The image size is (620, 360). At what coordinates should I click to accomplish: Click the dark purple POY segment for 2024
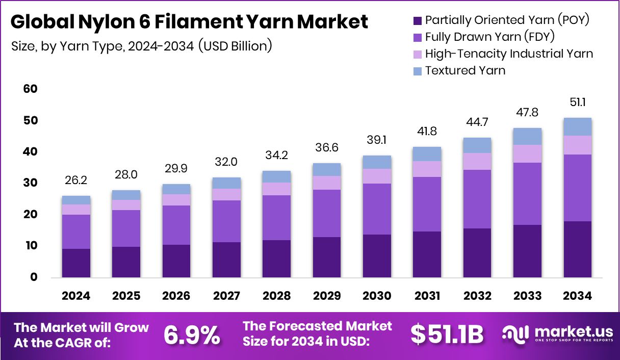(x=76, y=263)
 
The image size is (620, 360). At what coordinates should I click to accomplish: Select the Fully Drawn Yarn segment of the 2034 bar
(x=578, y=188)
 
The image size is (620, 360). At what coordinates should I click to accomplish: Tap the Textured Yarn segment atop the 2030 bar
(x=377, y=162)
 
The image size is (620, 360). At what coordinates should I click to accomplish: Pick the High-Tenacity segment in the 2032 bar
(x=477, y=161)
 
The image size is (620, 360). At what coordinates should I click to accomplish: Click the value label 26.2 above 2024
(x=76, y=180)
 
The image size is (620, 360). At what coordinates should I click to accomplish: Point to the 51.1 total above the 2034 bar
(x=578, y=102)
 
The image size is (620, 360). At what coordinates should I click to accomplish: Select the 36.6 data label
(x=327, y=147)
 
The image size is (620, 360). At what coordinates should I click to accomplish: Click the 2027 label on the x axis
(x=226, y=296)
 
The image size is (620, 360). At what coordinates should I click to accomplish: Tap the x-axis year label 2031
(x=427, y=296)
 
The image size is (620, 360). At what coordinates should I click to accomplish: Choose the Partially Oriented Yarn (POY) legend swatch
(x=417, y=21)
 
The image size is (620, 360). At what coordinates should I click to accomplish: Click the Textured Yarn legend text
(x=465, y=70)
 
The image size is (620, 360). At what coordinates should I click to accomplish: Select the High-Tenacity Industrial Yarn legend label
(x=509, y=54)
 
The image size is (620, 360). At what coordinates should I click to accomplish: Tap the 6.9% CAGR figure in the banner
(x=191, y=335)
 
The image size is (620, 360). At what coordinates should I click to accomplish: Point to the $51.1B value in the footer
(x=447, y=335)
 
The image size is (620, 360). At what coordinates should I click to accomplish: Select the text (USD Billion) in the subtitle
(x=235, y=46)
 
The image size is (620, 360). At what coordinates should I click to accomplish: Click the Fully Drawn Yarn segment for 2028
(x=276, y=218)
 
